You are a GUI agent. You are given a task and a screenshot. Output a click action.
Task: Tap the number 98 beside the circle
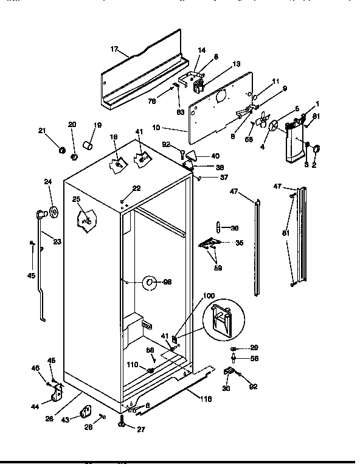pyautogui.click(x=167, y=282)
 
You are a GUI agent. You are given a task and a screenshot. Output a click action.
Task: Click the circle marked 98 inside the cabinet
pyautogui.click(x=150, y=282)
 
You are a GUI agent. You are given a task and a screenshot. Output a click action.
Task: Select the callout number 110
pyautogui.click(x=133, y=366)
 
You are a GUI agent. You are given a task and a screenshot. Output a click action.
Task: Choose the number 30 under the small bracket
pyautogui.click(x=226, y=389)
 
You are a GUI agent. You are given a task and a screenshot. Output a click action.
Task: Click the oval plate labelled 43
pyautogui.click(x=84, y=413)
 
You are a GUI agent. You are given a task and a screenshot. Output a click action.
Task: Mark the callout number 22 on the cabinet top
pyautogui.click(x=136, y=189)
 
